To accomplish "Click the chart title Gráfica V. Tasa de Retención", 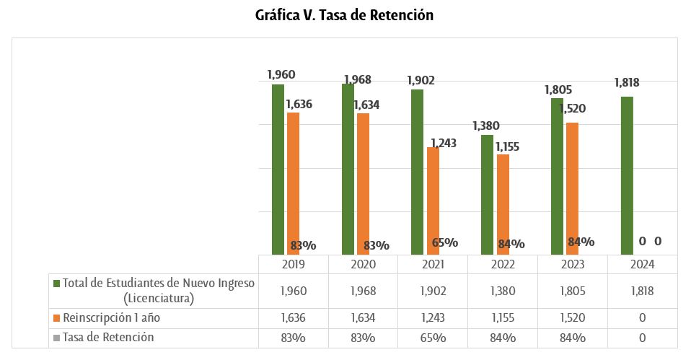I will (344, 15).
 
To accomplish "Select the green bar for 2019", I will (278, 170).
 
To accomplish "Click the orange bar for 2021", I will (433, 201).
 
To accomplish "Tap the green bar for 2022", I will (487, 195).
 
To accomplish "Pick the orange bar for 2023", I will (572, 188).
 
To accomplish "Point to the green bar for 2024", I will (627, 175).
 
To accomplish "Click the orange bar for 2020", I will (362, 183).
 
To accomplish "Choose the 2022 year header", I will (503, 264).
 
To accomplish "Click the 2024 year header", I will (642, 264).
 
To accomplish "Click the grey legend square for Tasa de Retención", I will (56, 338).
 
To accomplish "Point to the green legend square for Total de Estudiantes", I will (56, 284).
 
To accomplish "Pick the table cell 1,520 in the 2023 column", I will (572, 318).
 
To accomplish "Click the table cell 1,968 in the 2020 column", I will (363, 291).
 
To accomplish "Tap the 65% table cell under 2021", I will (433, 338).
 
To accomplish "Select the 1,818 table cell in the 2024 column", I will (642, 291).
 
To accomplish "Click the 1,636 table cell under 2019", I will (294, 318).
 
